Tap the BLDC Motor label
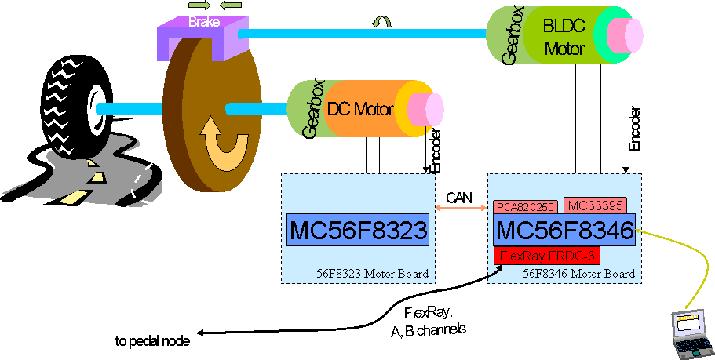[x=564, y=36]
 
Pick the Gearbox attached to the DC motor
[x=303, y=111]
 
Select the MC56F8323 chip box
[x=358, y=229]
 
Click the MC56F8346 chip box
[x=564, y=231]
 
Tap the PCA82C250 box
[x=525, y=207]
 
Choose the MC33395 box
[x=594, y=205]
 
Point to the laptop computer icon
[x=690, y=333]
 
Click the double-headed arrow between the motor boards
[x=460, y=208]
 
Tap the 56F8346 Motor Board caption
[x=578, y=274]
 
